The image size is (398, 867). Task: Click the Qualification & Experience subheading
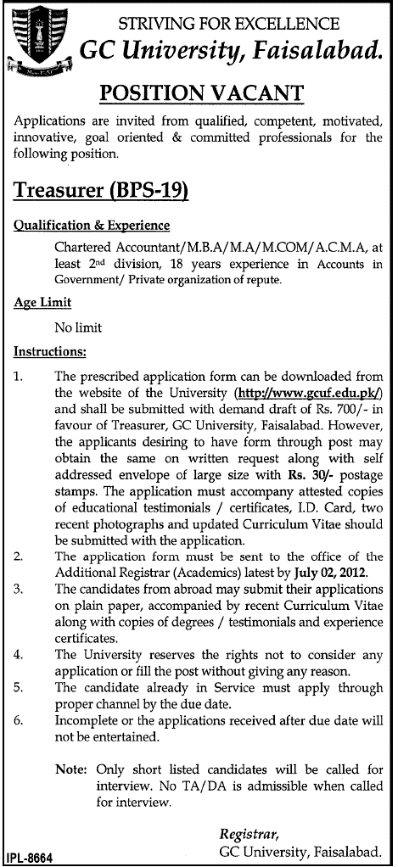pos(92,226)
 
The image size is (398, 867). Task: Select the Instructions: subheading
pos(50,350)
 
